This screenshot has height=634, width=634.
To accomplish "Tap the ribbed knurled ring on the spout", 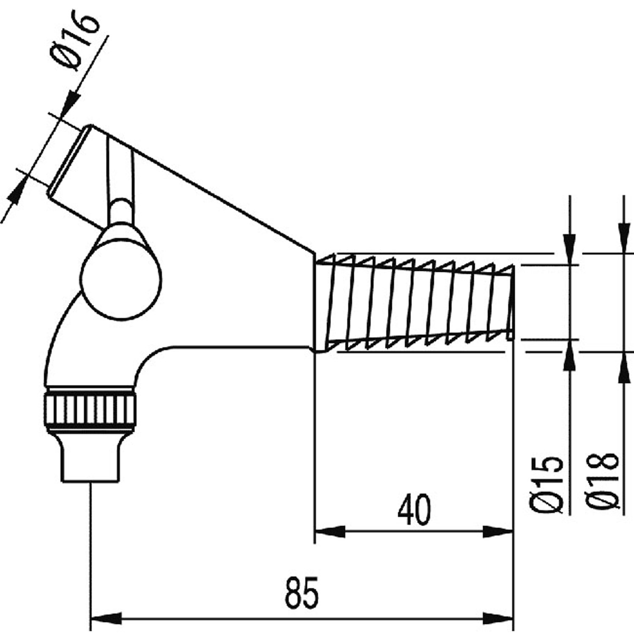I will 90,408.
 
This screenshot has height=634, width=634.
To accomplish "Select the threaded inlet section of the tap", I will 414,302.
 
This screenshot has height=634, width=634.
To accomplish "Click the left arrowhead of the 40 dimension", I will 330,531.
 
